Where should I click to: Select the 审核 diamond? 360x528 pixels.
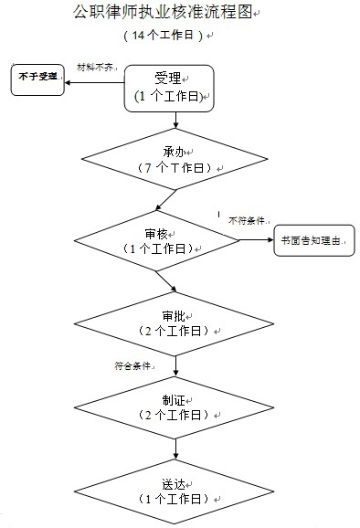coord(157,240)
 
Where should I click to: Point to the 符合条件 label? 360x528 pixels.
coord(132,365)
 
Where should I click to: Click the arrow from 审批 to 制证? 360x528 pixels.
coord(174,365)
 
